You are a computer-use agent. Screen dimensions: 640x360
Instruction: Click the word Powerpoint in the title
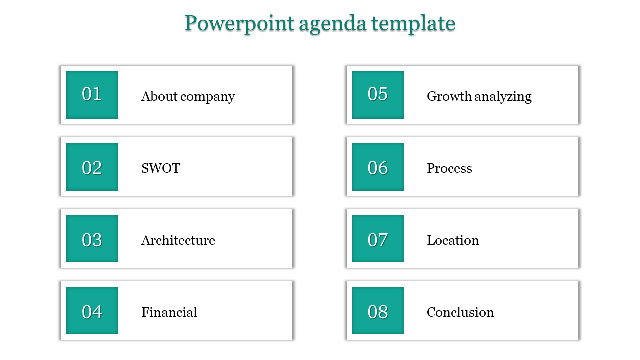pos(239,24)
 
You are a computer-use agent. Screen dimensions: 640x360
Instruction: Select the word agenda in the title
pos(333,25)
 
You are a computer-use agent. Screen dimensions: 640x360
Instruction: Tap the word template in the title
pos(413,24)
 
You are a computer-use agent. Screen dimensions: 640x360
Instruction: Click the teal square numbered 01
pos(92,95)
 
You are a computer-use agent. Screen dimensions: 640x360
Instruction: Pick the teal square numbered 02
pos(92,167)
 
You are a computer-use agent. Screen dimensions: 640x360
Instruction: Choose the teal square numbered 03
pos(92,239)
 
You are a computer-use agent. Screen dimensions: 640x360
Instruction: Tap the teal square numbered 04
pos(92,311)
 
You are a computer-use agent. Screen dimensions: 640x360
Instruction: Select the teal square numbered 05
pos(378,95)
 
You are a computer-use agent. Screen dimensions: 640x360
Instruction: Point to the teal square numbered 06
pos(378,167)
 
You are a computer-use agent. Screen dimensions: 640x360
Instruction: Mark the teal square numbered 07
pos(378,239)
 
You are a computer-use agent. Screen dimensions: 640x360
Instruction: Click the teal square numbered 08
pos(378,311)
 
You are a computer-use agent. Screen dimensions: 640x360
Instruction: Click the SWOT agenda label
pos(161,168)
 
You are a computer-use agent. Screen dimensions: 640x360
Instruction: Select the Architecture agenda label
pos(178,240)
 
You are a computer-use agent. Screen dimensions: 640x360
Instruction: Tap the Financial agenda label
pos(169,312)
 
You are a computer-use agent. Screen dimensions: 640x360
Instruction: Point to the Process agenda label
pos(449,168)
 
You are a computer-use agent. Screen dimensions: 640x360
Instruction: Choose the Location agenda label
pos(453,240)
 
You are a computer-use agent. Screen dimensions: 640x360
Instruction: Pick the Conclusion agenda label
pos(460,312)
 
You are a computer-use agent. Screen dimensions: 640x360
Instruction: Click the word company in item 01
pos(208,97)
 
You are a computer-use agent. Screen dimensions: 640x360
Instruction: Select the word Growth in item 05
pos(449,96)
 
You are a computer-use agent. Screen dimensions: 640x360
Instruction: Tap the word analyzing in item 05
pos(503,97)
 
